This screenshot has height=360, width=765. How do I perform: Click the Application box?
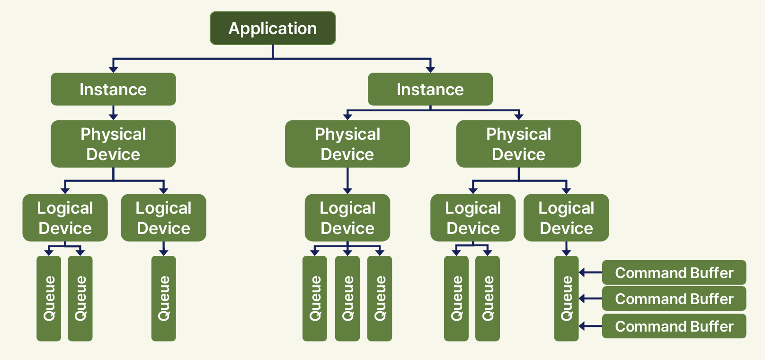pyautogui.click(x=273, y=28)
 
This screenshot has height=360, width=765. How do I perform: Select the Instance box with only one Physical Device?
pyautogui.click(x=113, y=89)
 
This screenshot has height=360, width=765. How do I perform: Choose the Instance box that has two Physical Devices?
pyautogui.click(x=430, y=89)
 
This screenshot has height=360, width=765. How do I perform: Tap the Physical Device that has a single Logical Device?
pyautogui.click(x=347, y=144)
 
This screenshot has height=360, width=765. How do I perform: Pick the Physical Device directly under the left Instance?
pyautogui.click(x=113, y=144)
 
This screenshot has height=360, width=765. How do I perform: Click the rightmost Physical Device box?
pyautogui.click(x=518, y=144)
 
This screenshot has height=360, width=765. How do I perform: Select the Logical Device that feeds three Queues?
pyautogui.click(x=347, y=218)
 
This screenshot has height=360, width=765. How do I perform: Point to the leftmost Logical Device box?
pyautogui.click(x=65, y=218)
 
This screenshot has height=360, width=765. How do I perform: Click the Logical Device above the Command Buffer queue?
pyautogui.click(x=566, y=218)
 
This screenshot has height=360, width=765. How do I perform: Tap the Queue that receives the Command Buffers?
pyautogui.click(x=566, y=298)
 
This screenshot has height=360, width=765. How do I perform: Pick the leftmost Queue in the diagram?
pyautogui.click(x=49, y=298)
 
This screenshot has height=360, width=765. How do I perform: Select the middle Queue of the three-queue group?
pyautogui.click(x=347, y=298)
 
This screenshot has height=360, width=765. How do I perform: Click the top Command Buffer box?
pyautogui.click(x=674, y=272)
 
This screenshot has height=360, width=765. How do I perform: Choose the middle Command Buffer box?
pyautogui.click(x=674, y=298)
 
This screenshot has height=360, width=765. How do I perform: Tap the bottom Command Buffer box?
pyautogui.click(x=674, y=326)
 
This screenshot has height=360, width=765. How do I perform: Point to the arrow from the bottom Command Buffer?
pyautogui.click(x=590, y=326)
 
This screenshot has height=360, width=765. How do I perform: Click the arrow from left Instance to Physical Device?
pyautogui.click(x=114, y=112)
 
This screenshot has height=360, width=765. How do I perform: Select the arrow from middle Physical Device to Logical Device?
pyautogui.click(x=347, y=180)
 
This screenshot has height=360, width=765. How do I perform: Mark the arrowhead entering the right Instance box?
pyautogui.click(x=430, y=70)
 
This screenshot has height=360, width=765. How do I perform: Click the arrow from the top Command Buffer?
pyautogui.click(x=590, y=272)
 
